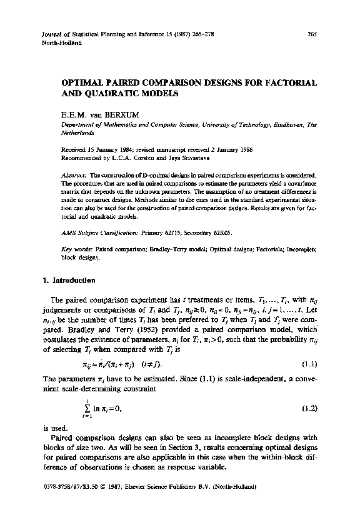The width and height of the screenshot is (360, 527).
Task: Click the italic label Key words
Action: (x=76, y=249)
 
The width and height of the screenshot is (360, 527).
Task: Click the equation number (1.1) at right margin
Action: (x=309, y=363)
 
